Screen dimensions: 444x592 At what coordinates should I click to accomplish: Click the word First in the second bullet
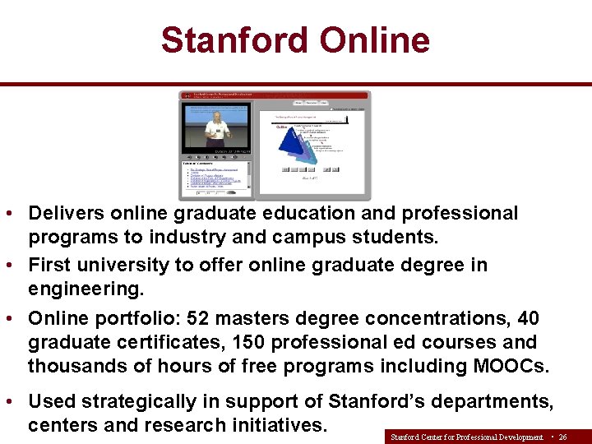pos(49,266)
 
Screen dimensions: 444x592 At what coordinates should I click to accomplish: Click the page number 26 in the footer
pos(562,437)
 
